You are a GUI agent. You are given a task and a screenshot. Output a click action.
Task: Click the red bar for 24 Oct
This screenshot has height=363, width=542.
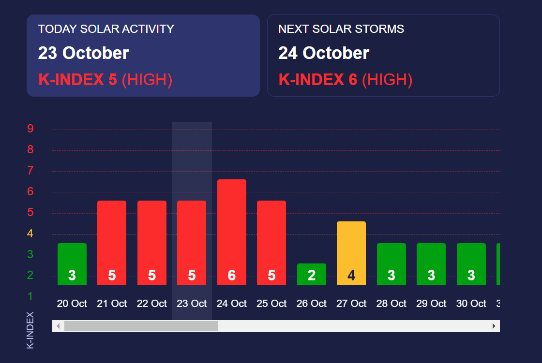click(x=231, y=227)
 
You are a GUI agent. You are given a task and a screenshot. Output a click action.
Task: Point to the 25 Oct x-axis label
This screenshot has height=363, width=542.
click(x=271, y=304)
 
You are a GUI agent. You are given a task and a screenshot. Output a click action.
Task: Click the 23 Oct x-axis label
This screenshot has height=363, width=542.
click(x=192, y=304)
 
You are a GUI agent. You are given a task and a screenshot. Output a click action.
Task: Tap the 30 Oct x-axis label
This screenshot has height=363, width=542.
click(x=471, y=304)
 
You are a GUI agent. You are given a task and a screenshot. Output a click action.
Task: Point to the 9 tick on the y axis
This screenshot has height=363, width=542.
click(x=30, y=129)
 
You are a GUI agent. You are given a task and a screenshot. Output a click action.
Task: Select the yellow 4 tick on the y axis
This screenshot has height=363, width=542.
click(x=30, y=234)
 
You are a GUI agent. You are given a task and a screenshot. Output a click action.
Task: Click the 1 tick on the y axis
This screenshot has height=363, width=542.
click(x=30, y=296)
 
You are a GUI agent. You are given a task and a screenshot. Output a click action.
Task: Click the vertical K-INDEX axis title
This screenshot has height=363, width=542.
click(x=30, y=330)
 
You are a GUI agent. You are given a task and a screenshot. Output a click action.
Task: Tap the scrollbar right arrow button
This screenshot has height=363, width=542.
click(x=494, y=326)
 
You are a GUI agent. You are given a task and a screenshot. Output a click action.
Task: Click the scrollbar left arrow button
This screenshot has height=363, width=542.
click(x=58, y=326)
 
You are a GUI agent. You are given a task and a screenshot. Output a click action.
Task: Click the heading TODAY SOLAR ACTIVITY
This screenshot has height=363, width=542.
click(x=106, y=29)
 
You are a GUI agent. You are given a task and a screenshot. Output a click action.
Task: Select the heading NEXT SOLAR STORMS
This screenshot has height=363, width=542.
click(x=341, y=29)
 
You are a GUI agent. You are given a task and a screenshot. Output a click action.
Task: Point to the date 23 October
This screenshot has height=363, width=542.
click(x=84, y=53)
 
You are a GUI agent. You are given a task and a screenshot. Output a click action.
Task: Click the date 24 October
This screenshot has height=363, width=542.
click(x=324, y=53)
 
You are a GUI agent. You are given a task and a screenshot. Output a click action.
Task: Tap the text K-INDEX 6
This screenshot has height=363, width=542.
click(x=318, y=80)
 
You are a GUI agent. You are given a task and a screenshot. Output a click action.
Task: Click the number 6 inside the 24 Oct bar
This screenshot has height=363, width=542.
click(x=232, y=276)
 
